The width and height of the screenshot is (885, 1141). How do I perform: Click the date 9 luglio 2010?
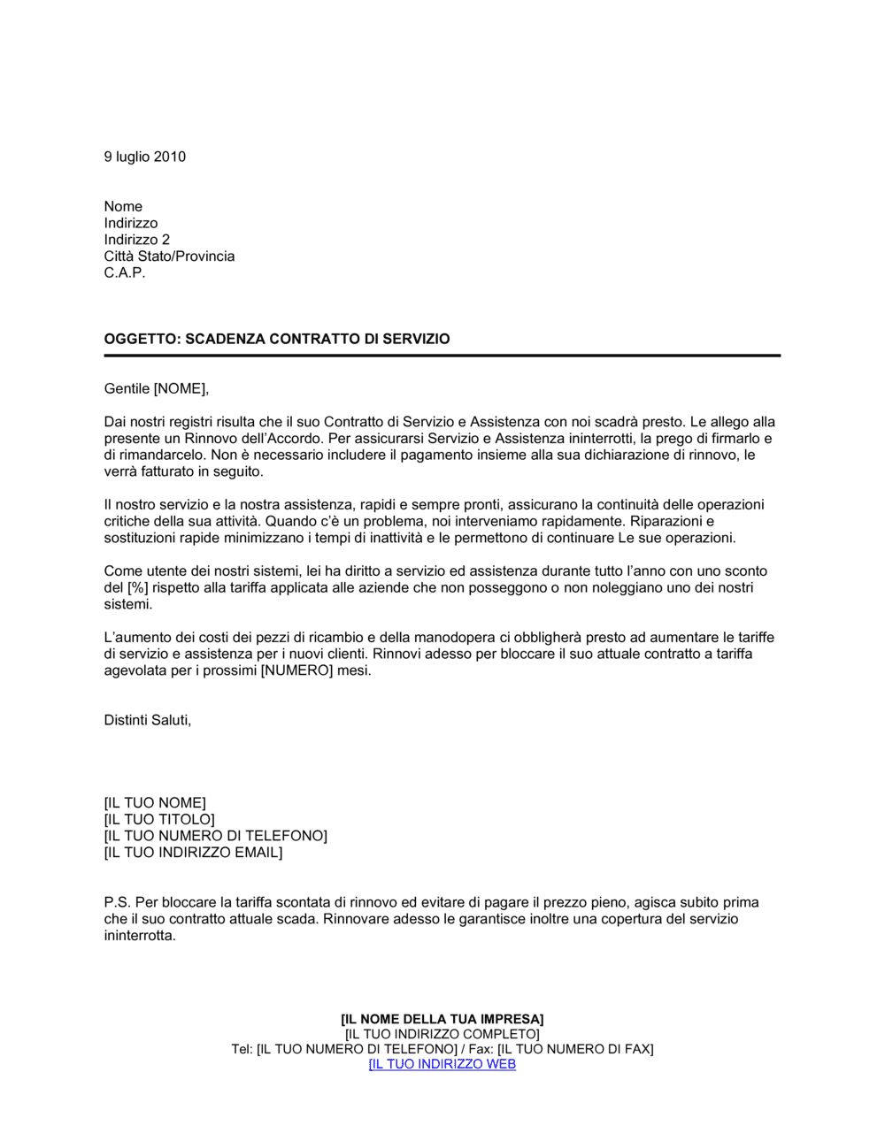[144, 157]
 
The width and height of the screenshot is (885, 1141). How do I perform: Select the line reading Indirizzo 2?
[136, 240]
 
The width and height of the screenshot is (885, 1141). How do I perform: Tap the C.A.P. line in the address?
[124, 272]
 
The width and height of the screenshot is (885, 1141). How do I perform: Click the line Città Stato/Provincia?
[169, 257]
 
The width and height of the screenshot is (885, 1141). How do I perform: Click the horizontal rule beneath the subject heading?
[442, 356]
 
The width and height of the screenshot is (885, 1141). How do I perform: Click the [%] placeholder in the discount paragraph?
[136, 588]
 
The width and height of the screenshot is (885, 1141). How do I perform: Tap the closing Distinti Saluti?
[147, 720]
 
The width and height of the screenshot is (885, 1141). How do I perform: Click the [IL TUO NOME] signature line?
[155, 803]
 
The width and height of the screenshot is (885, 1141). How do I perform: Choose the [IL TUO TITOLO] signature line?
[159, 820]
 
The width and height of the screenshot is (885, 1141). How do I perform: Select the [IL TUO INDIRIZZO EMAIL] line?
[193, 853]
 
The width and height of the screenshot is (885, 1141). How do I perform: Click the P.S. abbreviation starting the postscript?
[117, 903]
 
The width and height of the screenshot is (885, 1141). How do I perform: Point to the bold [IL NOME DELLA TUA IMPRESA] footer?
[442, 1019]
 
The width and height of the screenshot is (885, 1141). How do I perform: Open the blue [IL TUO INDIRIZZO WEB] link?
[442, 1064]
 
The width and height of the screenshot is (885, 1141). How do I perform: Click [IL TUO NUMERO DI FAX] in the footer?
[575, 1049]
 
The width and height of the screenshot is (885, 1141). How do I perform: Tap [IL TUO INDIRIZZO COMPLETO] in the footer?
[442, 1034]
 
